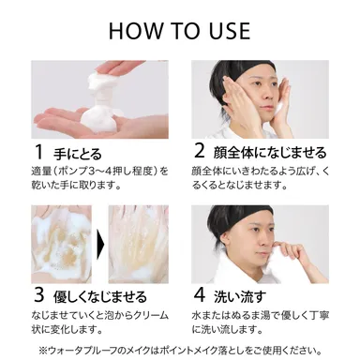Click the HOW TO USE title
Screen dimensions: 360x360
(x=180, y=29)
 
